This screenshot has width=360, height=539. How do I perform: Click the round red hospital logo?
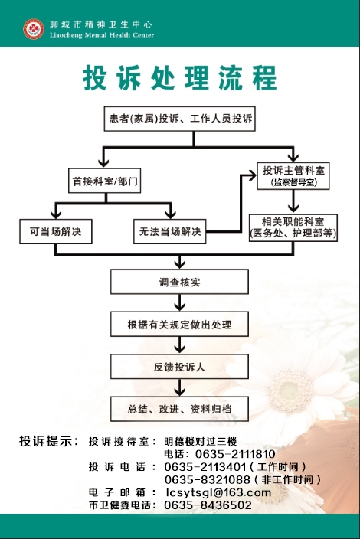[34, 29]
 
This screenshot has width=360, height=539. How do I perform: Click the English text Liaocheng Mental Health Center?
[102, 35]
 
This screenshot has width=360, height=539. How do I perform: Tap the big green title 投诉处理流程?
[180, 77]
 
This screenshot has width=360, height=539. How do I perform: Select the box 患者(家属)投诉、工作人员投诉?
[180, 119]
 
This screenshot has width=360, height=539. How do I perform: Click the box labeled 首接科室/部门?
[104, 181]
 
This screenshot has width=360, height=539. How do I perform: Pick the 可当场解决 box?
[56, 232]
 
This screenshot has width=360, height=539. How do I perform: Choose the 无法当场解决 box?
[170, 232]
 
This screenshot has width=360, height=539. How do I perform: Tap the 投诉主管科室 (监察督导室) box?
[293, 175]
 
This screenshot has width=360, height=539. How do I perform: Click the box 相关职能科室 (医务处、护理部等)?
[293, 227]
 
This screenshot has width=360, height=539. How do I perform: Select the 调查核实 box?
[179, 282]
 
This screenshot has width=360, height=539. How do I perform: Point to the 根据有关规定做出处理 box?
[179, 324]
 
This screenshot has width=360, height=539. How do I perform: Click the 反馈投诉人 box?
[179, 367]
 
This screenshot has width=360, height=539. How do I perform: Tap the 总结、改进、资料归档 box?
[179, 409]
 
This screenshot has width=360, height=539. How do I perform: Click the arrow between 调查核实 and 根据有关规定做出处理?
[179, 303]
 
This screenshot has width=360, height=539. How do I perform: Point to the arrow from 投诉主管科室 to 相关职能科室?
[293, 202]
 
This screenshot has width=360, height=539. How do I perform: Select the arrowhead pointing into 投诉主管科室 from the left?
[253, 175]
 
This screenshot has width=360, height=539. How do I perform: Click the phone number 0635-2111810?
[235, 454]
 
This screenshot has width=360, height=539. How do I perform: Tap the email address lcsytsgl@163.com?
[218, 492]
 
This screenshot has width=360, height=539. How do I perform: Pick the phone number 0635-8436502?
[208, 505]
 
